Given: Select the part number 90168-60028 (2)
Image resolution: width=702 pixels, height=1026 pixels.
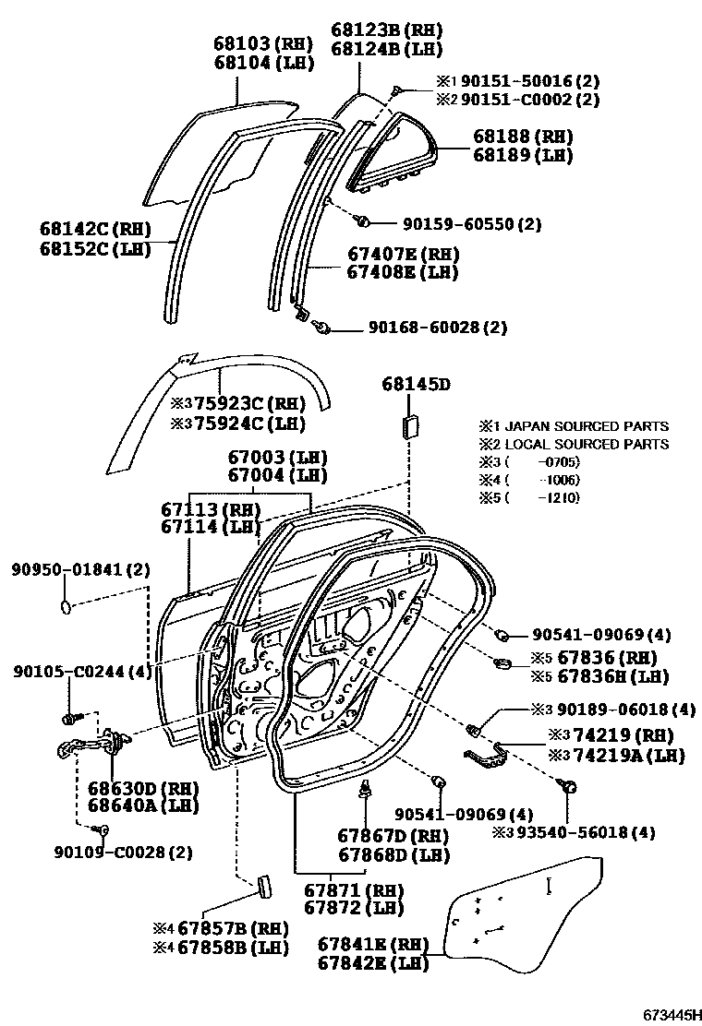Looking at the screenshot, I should click(x=438, y=328).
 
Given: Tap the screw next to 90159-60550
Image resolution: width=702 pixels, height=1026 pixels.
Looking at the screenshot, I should click(x=363, y=221).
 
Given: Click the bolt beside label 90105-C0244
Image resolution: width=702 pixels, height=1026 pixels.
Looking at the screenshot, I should click(x=70, y=716).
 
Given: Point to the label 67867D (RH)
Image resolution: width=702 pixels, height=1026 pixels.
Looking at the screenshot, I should click(x=393, y=835).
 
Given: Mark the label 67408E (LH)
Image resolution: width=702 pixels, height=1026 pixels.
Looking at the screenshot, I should click(x=402, y=271).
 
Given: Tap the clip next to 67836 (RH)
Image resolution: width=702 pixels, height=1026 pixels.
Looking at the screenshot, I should click(x=506, y=662).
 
